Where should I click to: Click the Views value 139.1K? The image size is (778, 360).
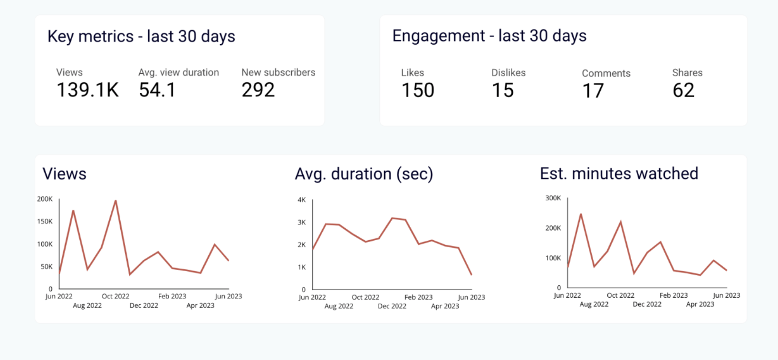pos(87,90)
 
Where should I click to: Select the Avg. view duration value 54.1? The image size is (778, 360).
pos(157,90)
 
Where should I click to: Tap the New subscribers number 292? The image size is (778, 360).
pos(258,90)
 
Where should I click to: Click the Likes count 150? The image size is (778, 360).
pos(418,90)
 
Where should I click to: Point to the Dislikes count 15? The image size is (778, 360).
pos(503,90)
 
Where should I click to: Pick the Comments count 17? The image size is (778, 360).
pos(593,91)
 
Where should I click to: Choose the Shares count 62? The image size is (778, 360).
pos(683,90)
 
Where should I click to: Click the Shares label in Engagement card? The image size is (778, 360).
pos(687,73)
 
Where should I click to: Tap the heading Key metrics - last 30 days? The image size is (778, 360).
pos(141,37)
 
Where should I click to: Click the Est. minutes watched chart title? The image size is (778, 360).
pos(619,174)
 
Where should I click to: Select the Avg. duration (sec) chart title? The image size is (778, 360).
pos(364,174)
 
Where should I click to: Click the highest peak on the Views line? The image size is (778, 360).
pos(115,201)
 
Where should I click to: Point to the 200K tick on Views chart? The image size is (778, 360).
pos(45,199)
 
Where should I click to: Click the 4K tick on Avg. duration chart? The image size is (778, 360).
pos(301,200)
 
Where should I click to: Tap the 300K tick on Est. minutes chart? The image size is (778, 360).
pos(553,198)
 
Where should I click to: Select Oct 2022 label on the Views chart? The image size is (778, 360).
pos(115,296)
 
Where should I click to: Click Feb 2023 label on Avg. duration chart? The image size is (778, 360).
pos(418,297)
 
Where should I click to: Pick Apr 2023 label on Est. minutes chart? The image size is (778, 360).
pos(700,304)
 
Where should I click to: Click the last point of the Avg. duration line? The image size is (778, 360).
pos(471,274)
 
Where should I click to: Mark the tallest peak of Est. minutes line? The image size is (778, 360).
pos(581,214)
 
